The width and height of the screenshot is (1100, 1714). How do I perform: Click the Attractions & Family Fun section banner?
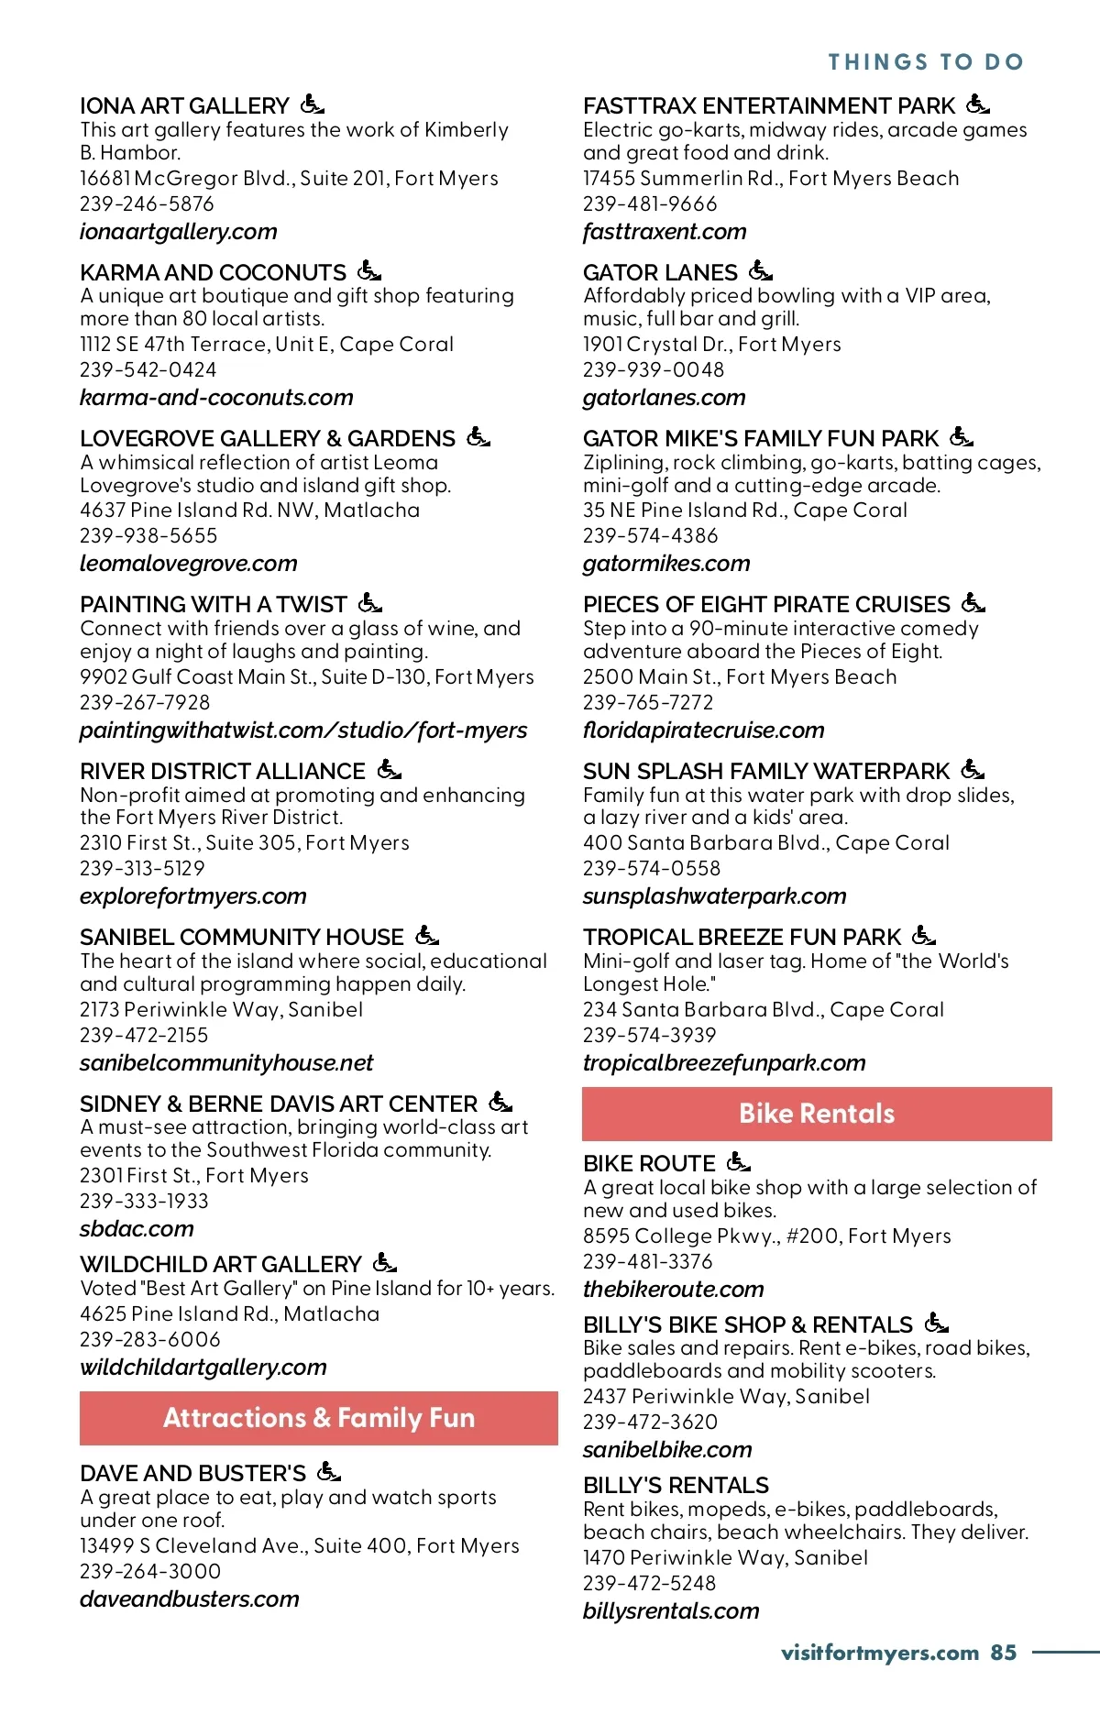[x=318, y=1418]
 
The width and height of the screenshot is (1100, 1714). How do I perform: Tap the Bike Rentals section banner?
[x=817, y=1114]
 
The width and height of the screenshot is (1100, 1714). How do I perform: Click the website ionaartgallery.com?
[x=178, y=232]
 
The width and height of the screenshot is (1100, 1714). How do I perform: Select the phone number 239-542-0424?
[x=148, y=370]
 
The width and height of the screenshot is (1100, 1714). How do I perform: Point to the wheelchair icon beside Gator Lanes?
[x=760, y=270]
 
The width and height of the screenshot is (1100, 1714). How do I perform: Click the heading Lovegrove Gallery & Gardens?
[x=267, y=439]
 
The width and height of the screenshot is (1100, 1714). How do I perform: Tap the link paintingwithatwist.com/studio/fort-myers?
[x=302, y=731]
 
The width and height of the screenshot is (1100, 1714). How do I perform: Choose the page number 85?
[x=1003, y=1653]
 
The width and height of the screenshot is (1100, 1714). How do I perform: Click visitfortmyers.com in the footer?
[x=879, y=1653]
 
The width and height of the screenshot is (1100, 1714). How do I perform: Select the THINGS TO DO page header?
[x=926, y=62]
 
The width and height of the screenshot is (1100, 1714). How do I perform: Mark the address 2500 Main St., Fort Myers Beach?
[x=740, y=677]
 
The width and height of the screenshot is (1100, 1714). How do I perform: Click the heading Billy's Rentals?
[x=676, y=1486]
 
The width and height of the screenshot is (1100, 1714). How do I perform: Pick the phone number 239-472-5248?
[x=649, y=1583]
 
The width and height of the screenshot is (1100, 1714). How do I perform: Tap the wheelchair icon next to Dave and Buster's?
[x=328, y=1471]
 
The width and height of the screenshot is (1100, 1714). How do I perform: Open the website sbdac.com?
[x=137, y=1229]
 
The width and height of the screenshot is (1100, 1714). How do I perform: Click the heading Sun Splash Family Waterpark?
[x=766, y=772]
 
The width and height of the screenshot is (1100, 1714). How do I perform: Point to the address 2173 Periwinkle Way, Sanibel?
[x=221, y=1010]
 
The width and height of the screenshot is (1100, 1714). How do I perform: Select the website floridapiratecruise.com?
[x=703, y=731]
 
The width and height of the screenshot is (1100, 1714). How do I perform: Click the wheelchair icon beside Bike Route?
[x=738, y=1162]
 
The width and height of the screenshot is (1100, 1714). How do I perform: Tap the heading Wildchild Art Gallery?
[x=220, y=1265]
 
